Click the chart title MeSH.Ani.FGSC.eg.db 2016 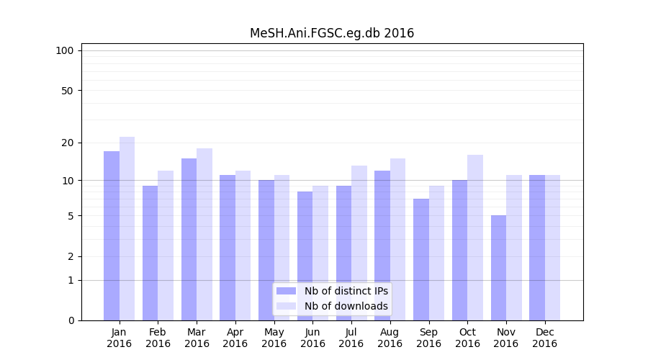click(x=332, y=33)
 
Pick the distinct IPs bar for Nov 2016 click(x=499, y=268)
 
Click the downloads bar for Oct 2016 click(x=475, y=238)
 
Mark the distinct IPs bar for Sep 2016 click(x=421, y=259)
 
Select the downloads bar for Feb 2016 click(x=166, y=246)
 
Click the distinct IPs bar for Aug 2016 click(x=382, y=246)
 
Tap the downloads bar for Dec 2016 click(x=553, y=248)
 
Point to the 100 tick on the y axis click(x=65, y=50)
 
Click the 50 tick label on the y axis click(x=67, y=91)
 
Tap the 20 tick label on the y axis click(x=67, y=143)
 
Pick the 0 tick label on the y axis click(x=71, y=320)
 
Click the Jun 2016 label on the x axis click(x=312, y=338)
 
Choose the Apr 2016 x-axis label click(x=235, y=338)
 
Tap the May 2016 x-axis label click(x=274, y=338)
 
